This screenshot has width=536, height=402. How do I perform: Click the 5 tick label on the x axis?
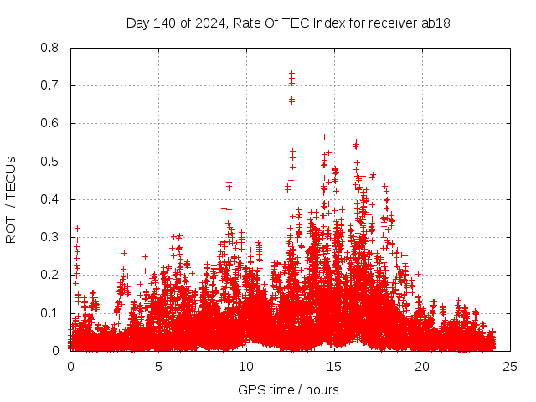pos(158,367)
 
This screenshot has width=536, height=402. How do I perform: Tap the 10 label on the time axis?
pos(246,367)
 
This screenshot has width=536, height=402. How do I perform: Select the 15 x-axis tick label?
pos(334,367)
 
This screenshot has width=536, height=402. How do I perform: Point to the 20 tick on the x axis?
pos(422,367)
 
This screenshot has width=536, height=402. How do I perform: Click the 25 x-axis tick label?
pos(510,367)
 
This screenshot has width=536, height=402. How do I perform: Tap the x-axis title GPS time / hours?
pos(289,389)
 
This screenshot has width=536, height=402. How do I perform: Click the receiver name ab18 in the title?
pos(437,23)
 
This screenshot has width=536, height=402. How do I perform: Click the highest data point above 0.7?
pos(291,73)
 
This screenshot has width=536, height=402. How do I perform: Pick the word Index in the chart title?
pos(331,23)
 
